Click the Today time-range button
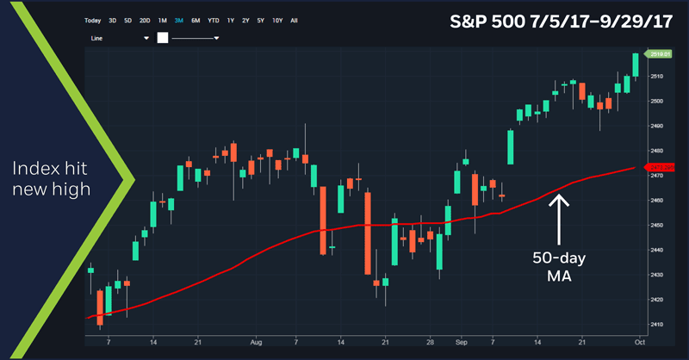click(x=93, y=20)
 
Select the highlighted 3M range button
click(x=178, y=20)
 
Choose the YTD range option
click(x=213, y=20)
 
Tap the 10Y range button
click(x=277, y=20)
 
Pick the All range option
click(x=295, y=20)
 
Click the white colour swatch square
click(x=161, y=38)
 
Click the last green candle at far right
click(x=636, y=65)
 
